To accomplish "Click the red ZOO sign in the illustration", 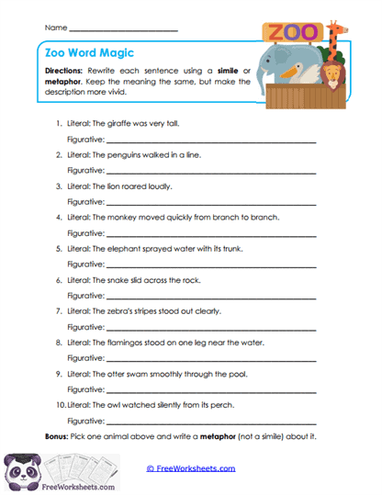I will point(293,32).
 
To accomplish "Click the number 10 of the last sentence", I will point(59,404).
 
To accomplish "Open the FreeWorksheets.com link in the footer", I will point(191,468).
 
